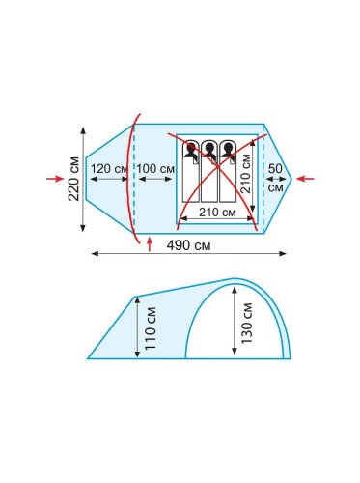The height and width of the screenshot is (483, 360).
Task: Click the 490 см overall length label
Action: (188, 245)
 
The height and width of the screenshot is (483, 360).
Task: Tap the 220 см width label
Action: (73, 179)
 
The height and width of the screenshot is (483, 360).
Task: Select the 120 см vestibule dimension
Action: (109, 168)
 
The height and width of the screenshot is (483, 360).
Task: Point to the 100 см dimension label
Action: (155, 168)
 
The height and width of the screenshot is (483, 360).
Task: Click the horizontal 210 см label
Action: (217, 213)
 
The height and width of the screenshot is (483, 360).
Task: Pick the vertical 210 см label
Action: (245, 174)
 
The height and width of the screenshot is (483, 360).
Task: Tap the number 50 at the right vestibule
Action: (275, 168)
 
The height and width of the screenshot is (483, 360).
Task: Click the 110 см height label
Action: (151, 328)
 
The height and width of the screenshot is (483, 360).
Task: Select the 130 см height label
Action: (247, 323)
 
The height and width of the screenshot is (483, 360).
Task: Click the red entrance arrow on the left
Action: (55, 179)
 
